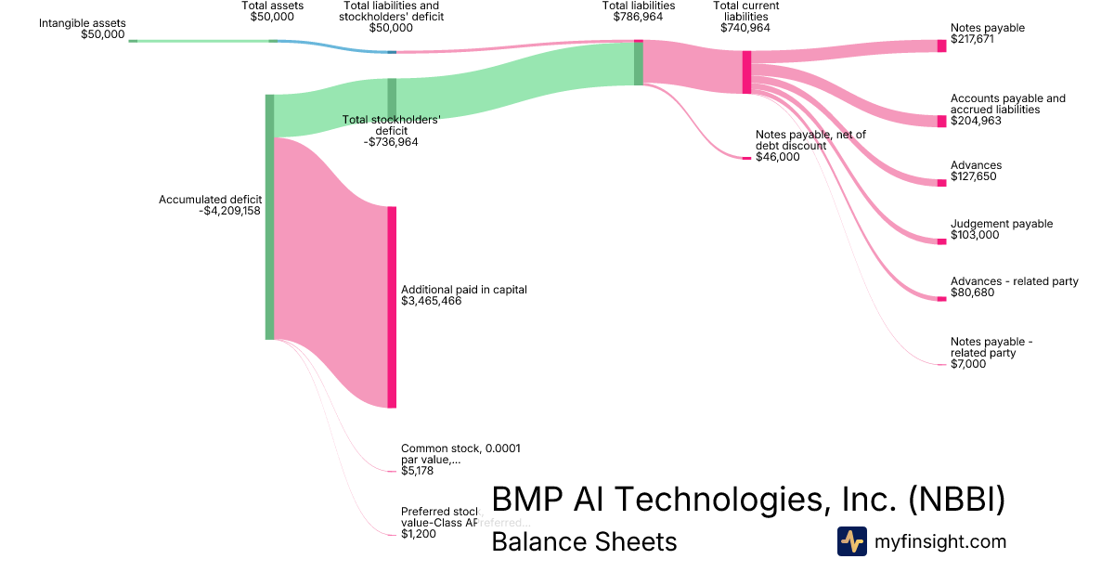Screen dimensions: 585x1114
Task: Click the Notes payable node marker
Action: [941, 45]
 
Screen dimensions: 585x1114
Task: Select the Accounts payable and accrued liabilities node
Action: [941, 121]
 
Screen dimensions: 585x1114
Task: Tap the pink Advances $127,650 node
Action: [941, 182]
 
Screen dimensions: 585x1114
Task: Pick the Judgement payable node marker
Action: [941, 241]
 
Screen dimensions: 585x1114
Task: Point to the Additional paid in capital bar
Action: [392, 306]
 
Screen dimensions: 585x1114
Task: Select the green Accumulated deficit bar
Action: [270, 216]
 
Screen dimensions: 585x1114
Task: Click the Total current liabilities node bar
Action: [746, 71]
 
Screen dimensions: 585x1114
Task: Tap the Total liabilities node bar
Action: [639, 62]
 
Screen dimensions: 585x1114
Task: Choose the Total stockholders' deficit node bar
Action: [392, 100]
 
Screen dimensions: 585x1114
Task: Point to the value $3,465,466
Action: [431, 301]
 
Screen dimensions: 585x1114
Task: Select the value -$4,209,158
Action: [229, 211]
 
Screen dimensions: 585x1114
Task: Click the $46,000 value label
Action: [777, 157]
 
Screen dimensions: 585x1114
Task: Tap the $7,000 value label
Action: [968, 364]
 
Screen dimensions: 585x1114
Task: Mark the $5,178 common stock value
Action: [417, 471]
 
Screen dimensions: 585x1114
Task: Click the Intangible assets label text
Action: [82, 23]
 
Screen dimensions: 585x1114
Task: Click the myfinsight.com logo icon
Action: [851, 541]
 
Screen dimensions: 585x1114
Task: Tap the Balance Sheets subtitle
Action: [584, 541]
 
